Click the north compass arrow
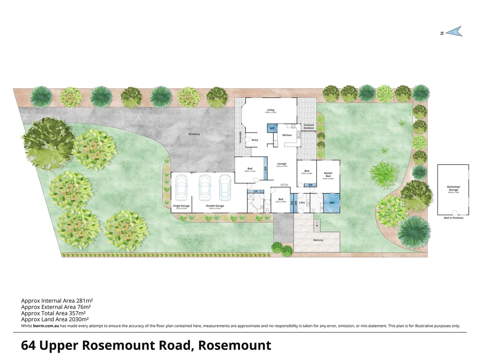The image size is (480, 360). (x=454, y=32)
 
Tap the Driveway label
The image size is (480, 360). (x=194, y=134)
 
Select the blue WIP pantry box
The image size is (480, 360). (x=272, y=128)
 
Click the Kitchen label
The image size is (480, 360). (x=287, y=135)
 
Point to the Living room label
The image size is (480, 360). (x=271, y=110)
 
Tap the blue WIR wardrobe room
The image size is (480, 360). (x=332, y=203)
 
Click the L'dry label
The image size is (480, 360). (x=302, y=202)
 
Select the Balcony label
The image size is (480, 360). (x=318, y=240)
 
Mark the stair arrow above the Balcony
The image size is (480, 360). (x=316, y=226)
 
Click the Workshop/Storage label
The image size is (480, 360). (x=453, y=188)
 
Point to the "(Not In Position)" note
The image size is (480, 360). (x=453, y=218)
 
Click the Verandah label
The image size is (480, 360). (x=240, y=137)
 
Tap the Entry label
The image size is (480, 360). (x=255, y=140)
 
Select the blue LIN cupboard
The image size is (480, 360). (x=255, y=191)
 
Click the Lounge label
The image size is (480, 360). (x=282, y=164)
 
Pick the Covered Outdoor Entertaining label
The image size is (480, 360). (x=309, y=128)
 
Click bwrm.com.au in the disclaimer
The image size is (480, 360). (x=46, y=326)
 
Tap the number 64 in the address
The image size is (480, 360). (x=29, y=345)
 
